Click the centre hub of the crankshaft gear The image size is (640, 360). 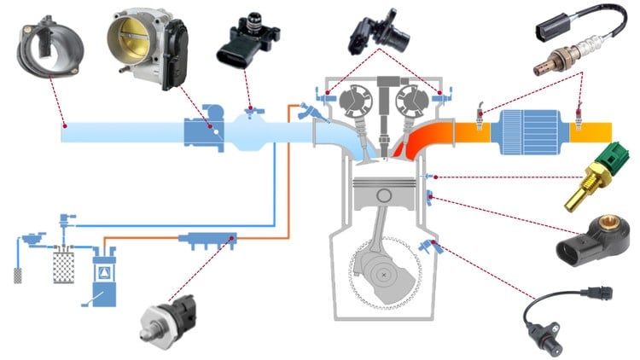coord(387,276)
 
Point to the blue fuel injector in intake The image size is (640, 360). coord(308,111)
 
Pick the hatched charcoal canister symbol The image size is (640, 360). coord(64,264)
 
